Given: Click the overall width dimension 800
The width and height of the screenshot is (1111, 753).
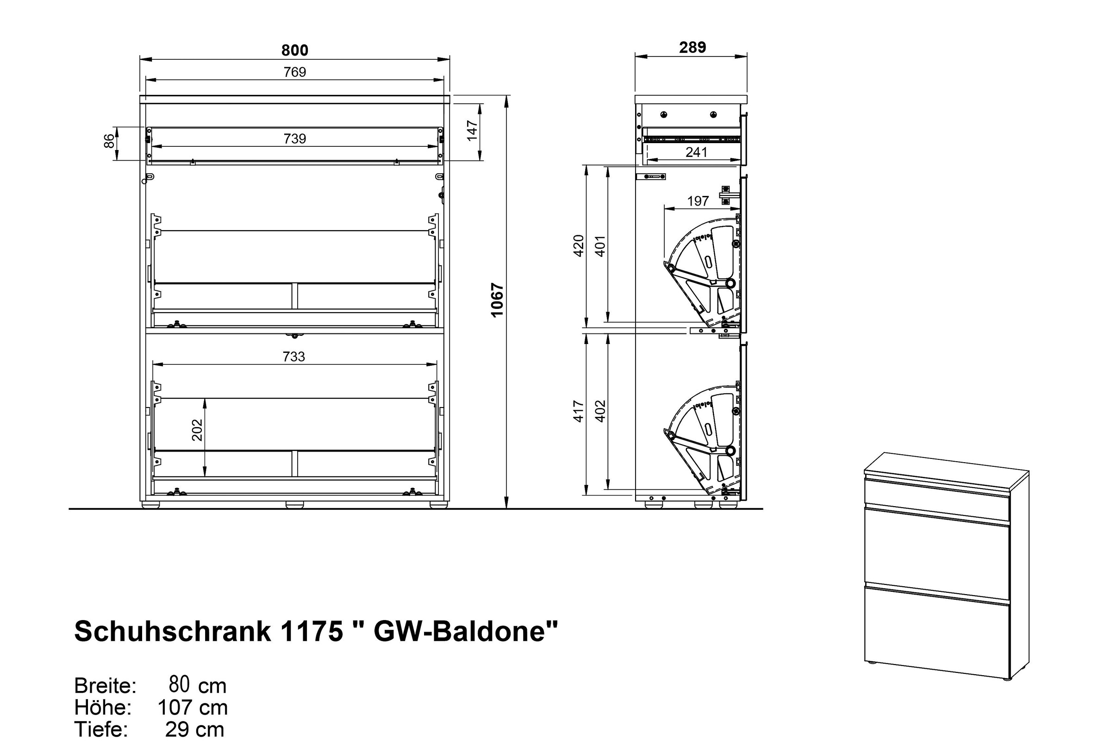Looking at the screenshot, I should [294, 50].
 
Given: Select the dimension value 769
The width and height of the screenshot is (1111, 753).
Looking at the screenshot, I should [294, 72].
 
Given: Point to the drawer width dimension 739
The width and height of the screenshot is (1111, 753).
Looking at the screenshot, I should [294, 138].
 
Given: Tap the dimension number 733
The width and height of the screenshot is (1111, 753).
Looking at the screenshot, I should [293, 357].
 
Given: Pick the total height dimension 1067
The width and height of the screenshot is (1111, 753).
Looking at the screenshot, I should [497, 300].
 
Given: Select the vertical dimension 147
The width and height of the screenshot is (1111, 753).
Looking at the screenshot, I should [472, 131].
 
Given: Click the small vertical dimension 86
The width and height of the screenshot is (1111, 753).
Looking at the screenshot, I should [109, 141].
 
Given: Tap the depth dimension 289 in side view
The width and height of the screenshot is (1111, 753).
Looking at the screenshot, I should [692, 47].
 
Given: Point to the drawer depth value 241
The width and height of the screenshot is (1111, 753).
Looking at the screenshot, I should [697, 152].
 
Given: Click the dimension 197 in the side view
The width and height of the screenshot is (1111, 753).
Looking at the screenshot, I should [698, 201].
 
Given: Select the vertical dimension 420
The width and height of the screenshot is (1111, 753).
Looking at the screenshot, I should [579, 246].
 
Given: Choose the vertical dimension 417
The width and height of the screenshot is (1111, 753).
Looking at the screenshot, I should [579, 411].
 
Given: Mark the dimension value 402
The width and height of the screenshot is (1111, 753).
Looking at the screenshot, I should [600, 411].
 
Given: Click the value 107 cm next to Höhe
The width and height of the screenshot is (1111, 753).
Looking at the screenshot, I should [193, 708].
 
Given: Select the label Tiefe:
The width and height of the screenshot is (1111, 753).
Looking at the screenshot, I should [101, 729].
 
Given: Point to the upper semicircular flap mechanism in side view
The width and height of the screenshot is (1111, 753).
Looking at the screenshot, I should [705, 270].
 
